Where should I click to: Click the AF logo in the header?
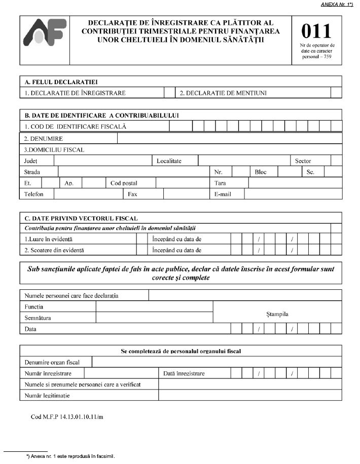tap(45, 39)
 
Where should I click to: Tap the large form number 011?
tap(316, 32)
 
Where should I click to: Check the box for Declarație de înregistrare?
tap(169, 93)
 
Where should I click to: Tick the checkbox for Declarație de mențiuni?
tap(336, 93)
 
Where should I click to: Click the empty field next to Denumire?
tap(229, 138)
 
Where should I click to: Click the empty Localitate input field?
tap(243, 161)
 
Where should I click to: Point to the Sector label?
tap(303, 161)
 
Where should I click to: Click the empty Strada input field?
tap(133, 172)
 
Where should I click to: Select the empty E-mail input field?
tap(293, 194)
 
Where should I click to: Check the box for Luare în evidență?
tap(141, 239)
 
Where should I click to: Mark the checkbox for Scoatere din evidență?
tap(141, 250)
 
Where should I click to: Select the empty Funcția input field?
tap(154, 306)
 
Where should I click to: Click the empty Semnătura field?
tap(154, 318)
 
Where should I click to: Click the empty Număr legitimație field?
tap(250, 395)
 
